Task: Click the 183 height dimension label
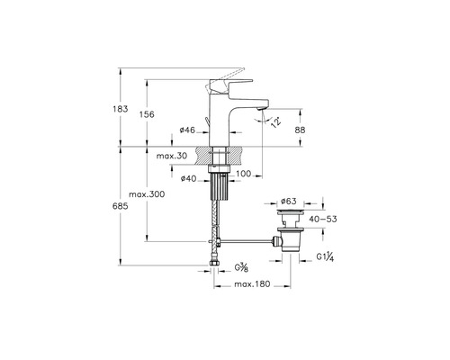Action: click(121, 109)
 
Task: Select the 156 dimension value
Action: click(147, 114)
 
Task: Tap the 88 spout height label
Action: click(300, 130)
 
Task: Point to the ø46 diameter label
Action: click(187, 130)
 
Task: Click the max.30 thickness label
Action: click(172, 156)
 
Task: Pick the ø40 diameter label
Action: click(188, 179)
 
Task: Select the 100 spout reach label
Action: click(243, 174)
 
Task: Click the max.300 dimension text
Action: click(147, 194)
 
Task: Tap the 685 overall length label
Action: click(121, 206)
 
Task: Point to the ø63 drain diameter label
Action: click(288, 201)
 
